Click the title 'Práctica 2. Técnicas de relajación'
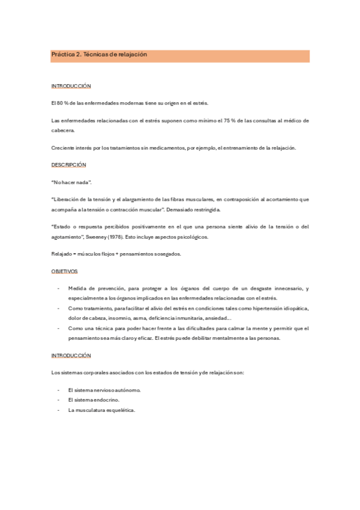click(x=99, y=55)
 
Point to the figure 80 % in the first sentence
click(x=63, y=103)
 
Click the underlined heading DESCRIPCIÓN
click(x=69, y=164)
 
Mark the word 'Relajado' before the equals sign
click(x=63, y=254)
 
